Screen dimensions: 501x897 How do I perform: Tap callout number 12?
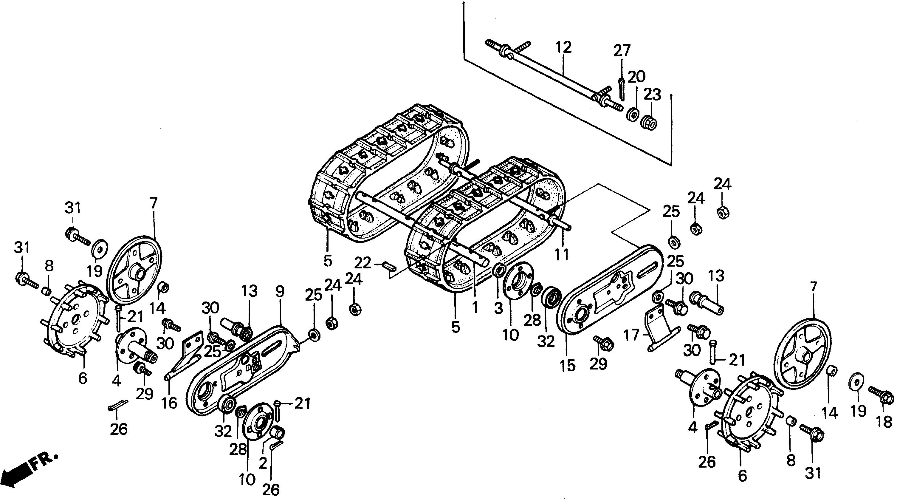tap(563, 47)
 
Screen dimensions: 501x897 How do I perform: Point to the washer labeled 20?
tap(632, 115)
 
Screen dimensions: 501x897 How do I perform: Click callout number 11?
tap(561, 255)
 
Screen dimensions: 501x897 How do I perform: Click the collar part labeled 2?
tap(278, 432)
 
